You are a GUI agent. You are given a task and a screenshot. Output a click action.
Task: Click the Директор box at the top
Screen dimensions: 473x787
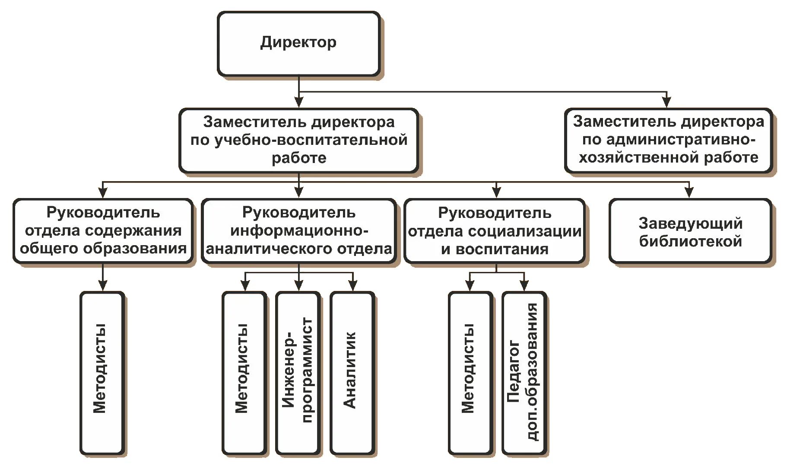[298, 44]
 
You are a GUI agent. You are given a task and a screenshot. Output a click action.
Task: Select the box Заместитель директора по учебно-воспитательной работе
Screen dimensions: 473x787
[298, 140]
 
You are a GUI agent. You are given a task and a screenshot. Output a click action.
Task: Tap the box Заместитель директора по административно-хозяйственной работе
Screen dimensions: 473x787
[668, 140]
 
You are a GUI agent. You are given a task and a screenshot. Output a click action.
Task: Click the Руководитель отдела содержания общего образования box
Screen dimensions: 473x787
[103, 230]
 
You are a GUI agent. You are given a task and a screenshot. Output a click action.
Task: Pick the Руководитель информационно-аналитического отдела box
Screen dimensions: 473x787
[298, 230]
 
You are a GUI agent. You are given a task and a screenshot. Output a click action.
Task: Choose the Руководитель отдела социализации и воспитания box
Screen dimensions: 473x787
[495, 231]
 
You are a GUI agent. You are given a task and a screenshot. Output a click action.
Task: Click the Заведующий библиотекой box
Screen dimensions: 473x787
[690, 231]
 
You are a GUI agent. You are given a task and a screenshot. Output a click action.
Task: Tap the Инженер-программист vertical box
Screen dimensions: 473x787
[298, 373]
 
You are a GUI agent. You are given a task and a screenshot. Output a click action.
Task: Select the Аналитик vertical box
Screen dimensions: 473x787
[352, 373]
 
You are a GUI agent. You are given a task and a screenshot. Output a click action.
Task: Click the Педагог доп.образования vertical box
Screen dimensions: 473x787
[524, 373]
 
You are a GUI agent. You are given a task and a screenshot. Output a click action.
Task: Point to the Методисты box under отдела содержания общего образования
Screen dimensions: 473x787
[102, 373]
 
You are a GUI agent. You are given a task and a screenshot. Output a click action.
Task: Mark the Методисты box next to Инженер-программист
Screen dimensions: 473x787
[244, 373]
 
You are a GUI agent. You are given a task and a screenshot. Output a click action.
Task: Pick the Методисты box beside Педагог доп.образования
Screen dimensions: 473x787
[470, 373]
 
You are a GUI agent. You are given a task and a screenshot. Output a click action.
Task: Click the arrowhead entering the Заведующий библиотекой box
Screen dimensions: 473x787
[689, 193]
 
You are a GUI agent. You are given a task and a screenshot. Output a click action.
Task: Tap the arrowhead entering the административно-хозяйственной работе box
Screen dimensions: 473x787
[666, 102]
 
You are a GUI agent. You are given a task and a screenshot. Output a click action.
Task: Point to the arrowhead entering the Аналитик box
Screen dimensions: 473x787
[353, 286]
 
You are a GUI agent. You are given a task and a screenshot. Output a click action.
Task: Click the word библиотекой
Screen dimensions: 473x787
[690, 241]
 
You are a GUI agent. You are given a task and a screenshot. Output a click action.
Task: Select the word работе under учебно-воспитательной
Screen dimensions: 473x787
[299, 158]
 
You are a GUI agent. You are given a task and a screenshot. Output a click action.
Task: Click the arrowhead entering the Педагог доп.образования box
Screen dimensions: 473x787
[524, 286]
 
